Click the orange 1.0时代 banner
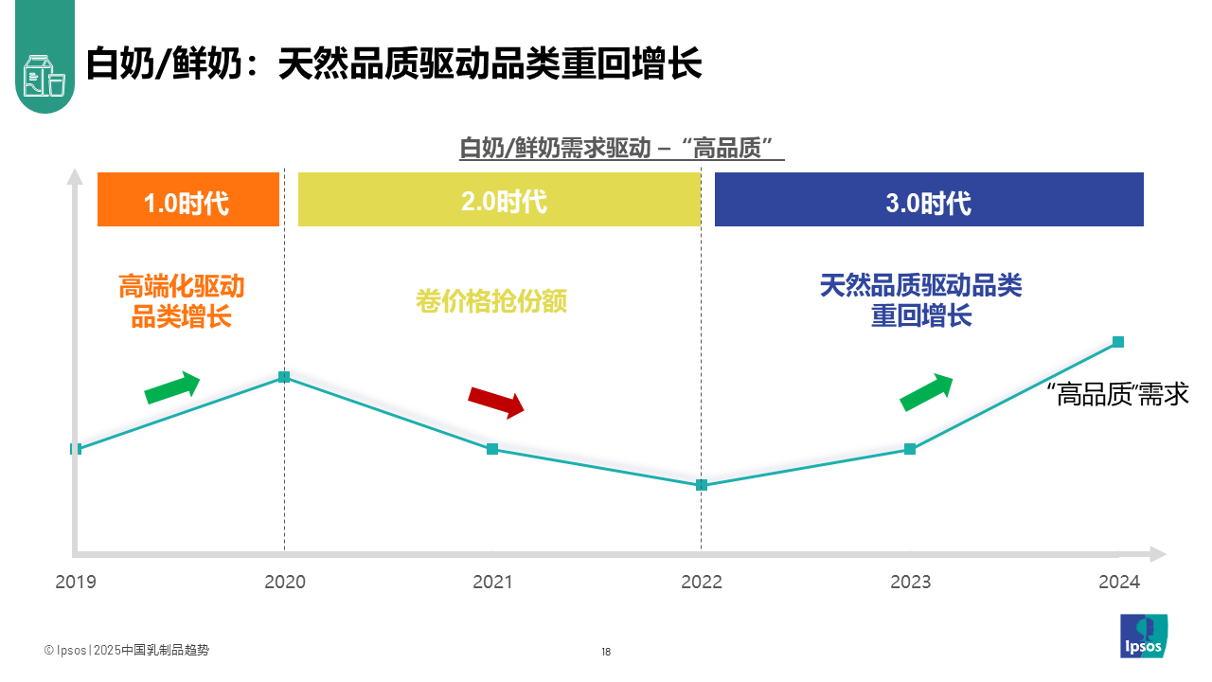187,200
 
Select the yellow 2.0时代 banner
499,200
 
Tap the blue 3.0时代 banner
928,200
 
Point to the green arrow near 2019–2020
172,386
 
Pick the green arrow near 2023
926,391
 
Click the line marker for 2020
284,377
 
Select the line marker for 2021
492,449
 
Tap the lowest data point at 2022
702,485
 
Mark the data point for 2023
910,449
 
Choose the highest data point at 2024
1118,342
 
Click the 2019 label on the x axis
76,582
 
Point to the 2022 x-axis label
702,582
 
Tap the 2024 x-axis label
1119,582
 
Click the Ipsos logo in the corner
1144,636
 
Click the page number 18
606,652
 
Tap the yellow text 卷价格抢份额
491,301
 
